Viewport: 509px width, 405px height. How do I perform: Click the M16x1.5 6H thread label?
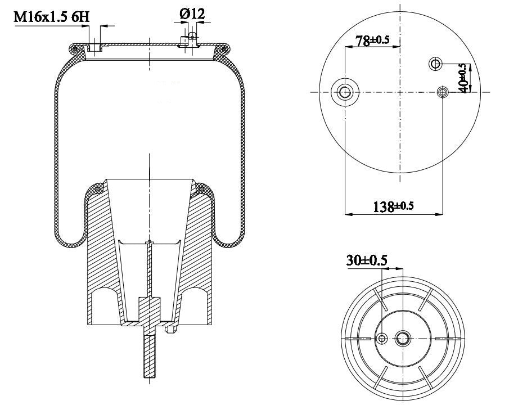[x=51, y=17]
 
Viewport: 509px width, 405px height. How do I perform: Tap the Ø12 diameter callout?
[x=192, y=13]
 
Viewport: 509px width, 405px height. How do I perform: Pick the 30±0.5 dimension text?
[x=367, y=260]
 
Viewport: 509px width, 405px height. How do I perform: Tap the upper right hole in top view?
[x=435, y=64]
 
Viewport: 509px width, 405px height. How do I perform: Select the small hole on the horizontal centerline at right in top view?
[x=443, y=92]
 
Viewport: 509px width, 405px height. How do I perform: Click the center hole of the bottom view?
[x=403, y=338]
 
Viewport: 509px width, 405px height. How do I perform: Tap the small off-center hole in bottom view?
[x=382, y=338]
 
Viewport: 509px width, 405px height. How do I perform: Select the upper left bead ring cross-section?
[x=75, y=49]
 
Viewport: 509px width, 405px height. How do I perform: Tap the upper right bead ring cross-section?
[x=224, y=49]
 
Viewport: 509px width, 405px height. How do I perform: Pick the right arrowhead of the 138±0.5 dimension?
[x=439, y=214]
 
